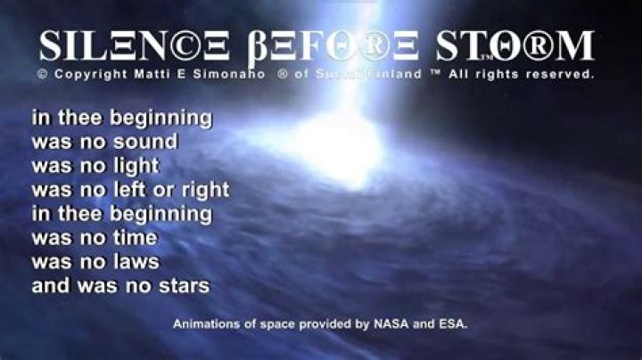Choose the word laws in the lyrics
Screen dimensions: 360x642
coord(138,262)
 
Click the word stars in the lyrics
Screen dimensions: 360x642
coord(185,286)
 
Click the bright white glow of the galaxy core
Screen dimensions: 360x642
coord(343,143)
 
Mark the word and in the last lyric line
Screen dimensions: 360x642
coord(49,286)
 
